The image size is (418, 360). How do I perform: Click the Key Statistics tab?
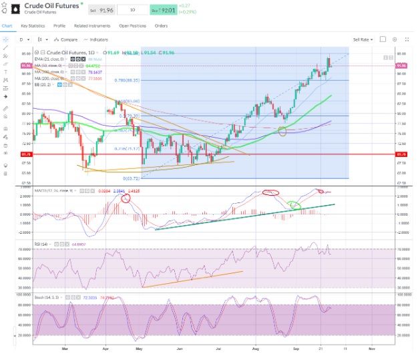point(33,26)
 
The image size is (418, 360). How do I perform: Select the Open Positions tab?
point(132,26)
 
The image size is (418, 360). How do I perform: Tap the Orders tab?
point(161,26)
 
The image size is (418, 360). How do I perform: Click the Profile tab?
point(59,26)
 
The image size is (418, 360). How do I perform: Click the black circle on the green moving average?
point(282,132)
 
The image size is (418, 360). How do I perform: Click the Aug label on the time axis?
point(256,348)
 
